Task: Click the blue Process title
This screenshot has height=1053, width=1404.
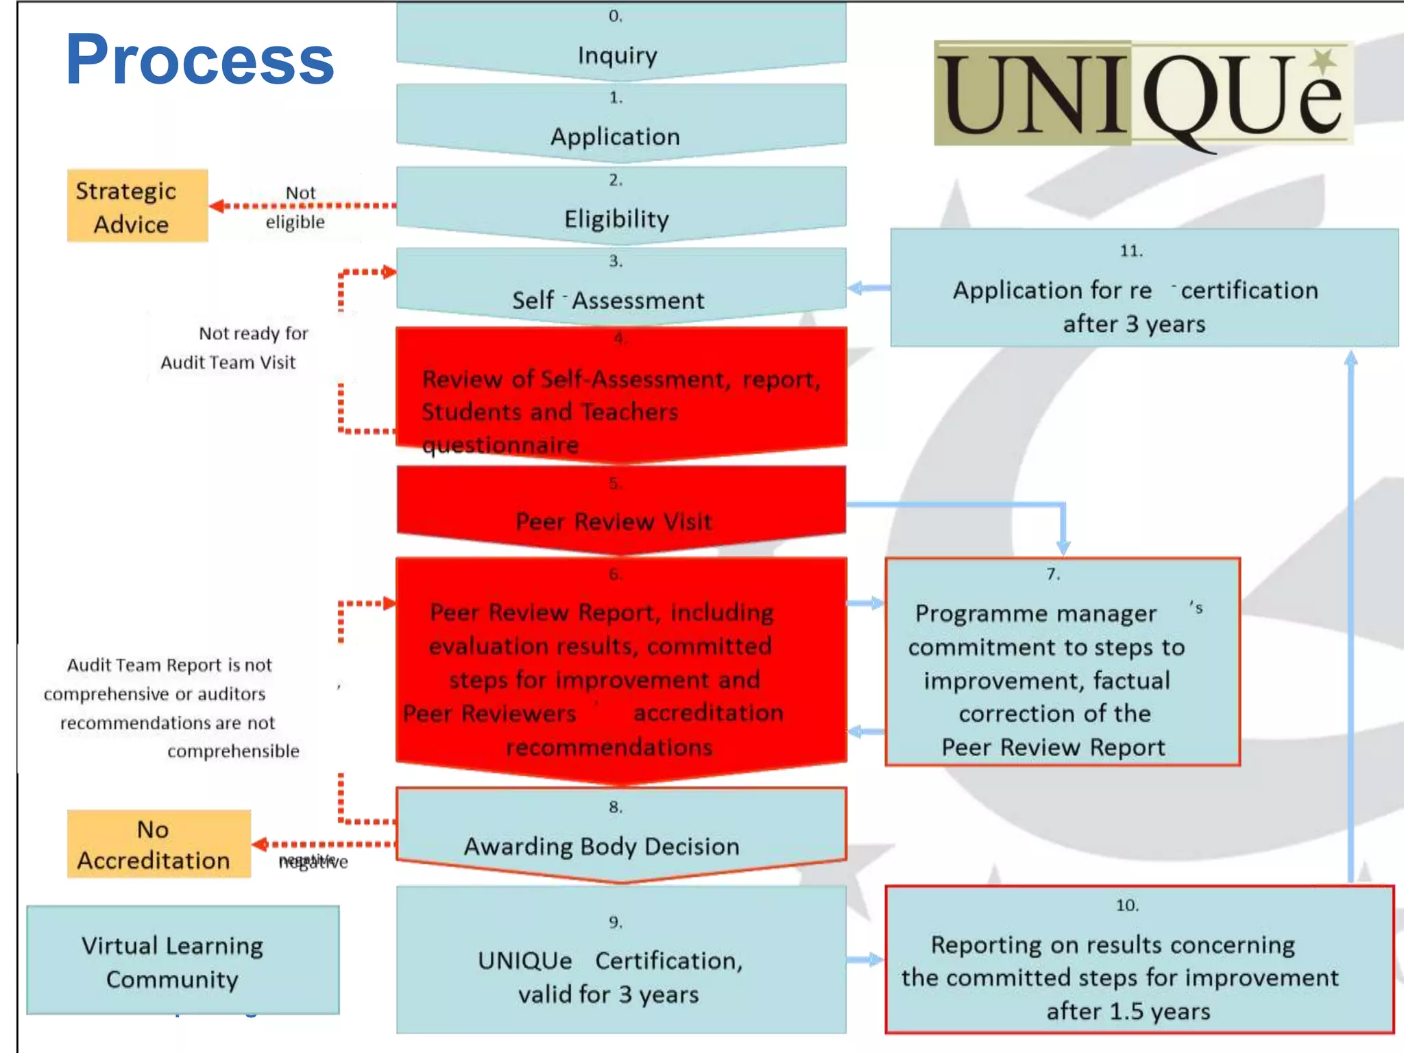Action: (x=199, y=60)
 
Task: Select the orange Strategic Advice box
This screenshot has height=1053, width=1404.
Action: (x=137, y=206)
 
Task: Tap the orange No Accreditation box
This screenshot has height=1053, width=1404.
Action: (x=158, y=844)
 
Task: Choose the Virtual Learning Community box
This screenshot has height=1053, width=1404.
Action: (x=182, y=960)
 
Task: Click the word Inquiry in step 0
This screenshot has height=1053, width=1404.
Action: (x=617, y=56)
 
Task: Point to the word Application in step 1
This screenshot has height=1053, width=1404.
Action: (x=615, y=136)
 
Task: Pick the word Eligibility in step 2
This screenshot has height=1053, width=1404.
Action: (x=616, y=219)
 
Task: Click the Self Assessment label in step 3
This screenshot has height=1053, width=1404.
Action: (x=608, y=300)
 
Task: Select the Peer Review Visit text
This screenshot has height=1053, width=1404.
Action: (x=614, y=522)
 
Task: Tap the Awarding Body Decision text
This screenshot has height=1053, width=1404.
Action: (x=601, y=847)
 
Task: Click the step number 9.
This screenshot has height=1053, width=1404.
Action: (x=616, y=923)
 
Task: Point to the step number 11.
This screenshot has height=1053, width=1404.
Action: (x=1131, y=251)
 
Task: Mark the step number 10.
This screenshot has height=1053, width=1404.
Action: (x=1127, y=906)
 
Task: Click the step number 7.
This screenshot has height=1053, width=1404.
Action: (x=1053, y=574)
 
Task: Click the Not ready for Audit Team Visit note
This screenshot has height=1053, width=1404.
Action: (x=233, y=348)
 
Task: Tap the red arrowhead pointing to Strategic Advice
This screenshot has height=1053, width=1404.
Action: (x=217, y=206)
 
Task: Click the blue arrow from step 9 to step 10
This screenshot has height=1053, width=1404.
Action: (x=865, y=960)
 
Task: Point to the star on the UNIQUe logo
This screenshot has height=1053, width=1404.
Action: (x=1324, y=60)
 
